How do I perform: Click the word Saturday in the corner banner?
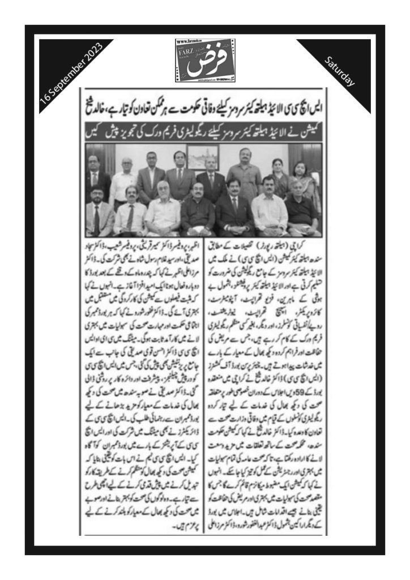coord(340,72)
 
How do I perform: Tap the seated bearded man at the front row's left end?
coord(100,211)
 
